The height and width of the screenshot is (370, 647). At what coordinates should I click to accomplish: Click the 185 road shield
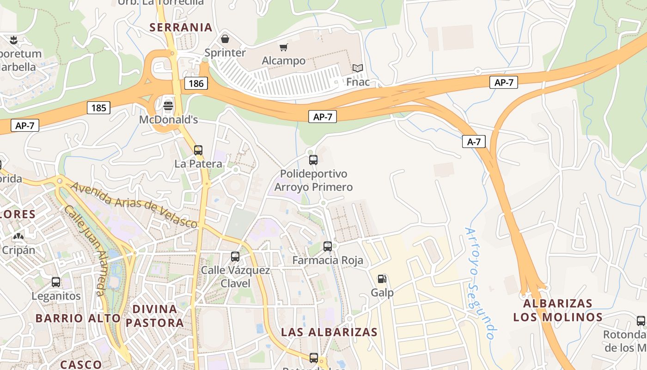tap(98, 108)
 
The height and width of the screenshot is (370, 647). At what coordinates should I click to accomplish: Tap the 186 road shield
tap(196, 83)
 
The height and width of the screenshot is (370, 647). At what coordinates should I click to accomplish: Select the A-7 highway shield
tap(474, 142)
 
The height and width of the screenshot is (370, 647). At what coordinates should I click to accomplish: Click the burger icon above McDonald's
tap(168, 105)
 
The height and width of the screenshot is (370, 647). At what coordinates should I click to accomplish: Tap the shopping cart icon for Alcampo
tap(283, 47)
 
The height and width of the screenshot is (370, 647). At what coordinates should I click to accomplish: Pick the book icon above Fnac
tap(358, 68)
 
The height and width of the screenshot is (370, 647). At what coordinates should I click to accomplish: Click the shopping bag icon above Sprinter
tap(225, 39)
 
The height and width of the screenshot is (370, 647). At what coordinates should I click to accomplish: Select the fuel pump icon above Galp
tap(382, 278)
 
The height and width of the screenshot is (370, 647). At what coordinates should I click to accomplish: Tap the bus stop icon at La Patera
tap(198, 150)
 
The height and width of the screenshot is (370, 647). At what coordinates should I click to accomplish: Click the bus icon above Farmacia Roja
tap(328, 246)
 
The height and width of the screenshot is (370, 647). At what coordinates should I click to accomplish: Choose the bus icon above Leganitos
tap(56, 282)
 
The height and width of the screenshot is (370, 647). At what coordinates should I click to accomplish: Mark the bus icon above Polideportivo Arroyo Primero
tap(313, 160)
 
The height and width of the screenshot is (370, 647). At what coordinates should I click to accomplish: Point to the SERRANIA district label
tap(181, 27)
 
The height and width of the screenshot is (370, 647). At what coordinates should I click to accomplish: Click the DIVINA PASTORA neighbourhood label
tap(155, 315)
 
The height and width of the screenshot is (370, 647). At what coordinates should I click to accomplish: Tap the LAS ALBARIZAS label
tap(330, 332)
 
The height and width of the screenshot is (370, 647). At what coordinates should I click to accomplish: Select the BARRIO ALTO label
tap(78, 318)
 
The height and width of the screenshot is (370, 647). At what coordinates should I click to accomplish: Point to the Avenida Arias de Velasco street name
tap(134, 205)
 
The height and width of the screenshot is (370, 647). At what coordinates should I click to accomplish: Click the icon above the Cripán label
tap(18, 237)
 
